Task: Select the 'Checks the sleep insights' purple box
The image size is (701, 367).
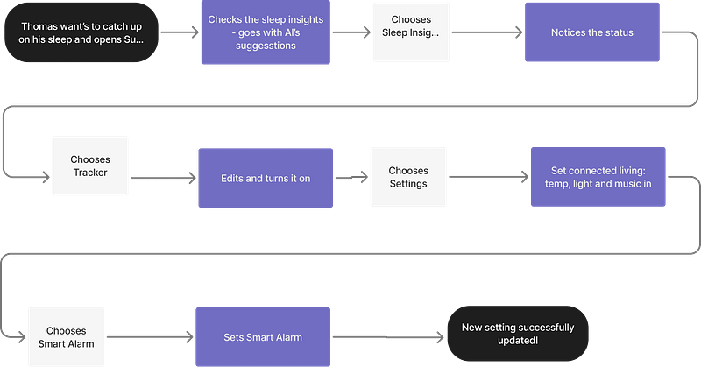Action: point(265,33)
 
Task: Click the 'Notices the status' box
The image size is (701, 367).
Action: point(592,32)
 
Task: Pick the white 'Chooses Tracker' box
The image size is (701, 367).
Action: point(89,166)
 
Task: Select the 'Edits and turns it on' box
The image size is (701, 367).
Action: point(265,178)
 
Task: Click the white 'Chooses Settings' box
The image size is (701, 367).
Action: point(407,177)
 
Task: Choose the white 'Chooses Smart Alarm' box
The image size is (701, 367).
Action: point(66,337)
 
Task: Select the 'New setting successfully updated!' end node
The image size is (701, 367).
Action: point(518,334)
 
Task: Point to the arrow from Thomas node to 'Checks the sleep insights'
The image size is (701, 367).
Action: point(179,33)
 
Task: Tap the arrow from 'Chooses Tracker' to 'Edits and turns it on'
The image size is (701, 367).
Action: point(163,177)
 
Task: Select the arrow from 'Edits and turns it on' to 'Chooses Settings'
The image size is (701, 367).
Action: point(351,177)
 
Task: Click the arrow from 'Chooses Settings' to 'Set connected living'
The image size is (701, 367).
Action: point(488,177)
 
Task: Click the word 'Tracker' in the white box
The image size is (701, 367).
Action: point(89,173)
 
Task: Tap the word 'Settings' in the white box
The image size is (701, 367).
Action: point(407,184)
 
